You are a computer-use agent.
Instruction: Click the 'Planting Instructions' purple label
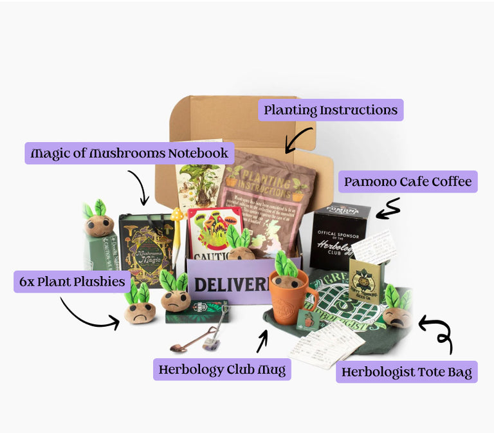point(331,110)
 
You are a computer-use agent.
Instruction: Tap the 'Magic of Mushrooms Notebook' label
point(130,153)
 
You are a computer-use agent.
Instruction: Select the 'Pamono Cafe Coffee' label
point(408,181)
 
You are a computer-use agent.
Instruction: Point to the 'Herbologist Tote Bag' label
point(407,372)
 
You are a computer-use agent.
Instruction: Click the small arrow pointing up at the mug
point(262,341)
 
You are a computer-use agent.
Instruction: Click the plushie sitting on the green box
point(98,219)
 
